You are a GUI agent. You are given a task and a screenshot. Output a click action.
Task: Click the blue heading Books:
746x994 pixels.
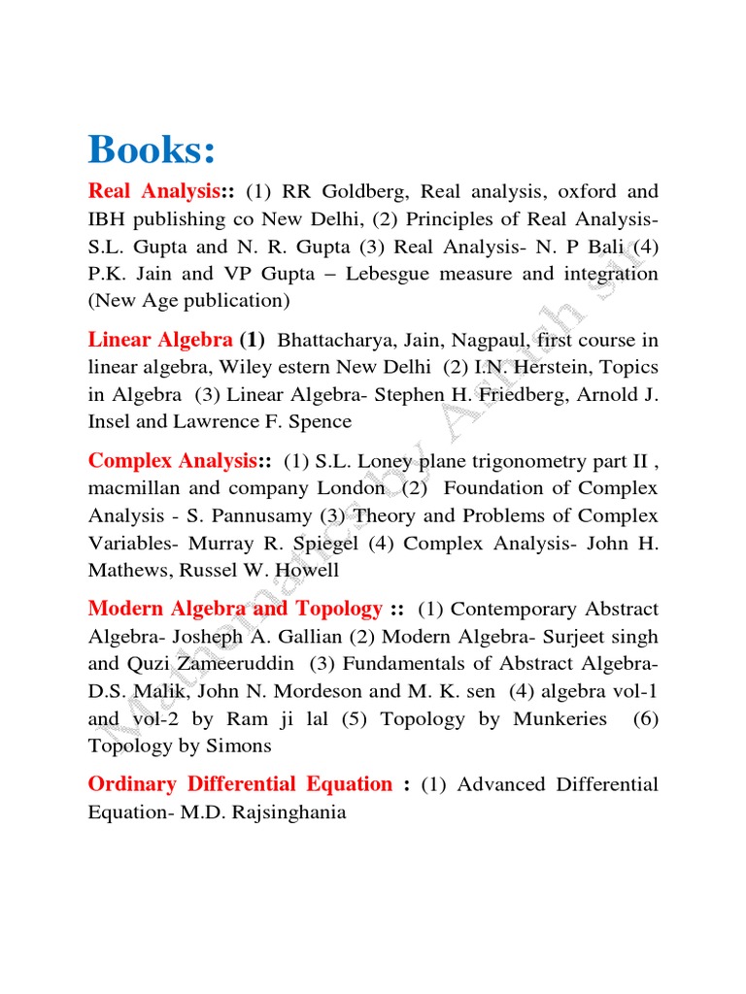tap(152, 149)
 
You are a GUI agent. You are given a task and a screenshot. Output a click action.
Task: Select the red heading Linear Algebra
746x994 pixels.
tap(160, 340)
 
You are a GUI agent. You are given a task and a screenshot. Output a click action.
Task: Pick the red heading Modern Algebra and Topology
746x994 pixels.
tap(235, 609)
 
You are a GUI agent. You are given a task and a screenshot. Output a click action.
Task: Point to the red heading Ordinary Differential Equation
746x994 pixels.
tap(240, 783)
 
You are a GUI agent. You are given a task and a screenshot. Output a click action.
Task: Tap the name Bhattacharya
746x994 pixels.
tap(339, 340)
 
